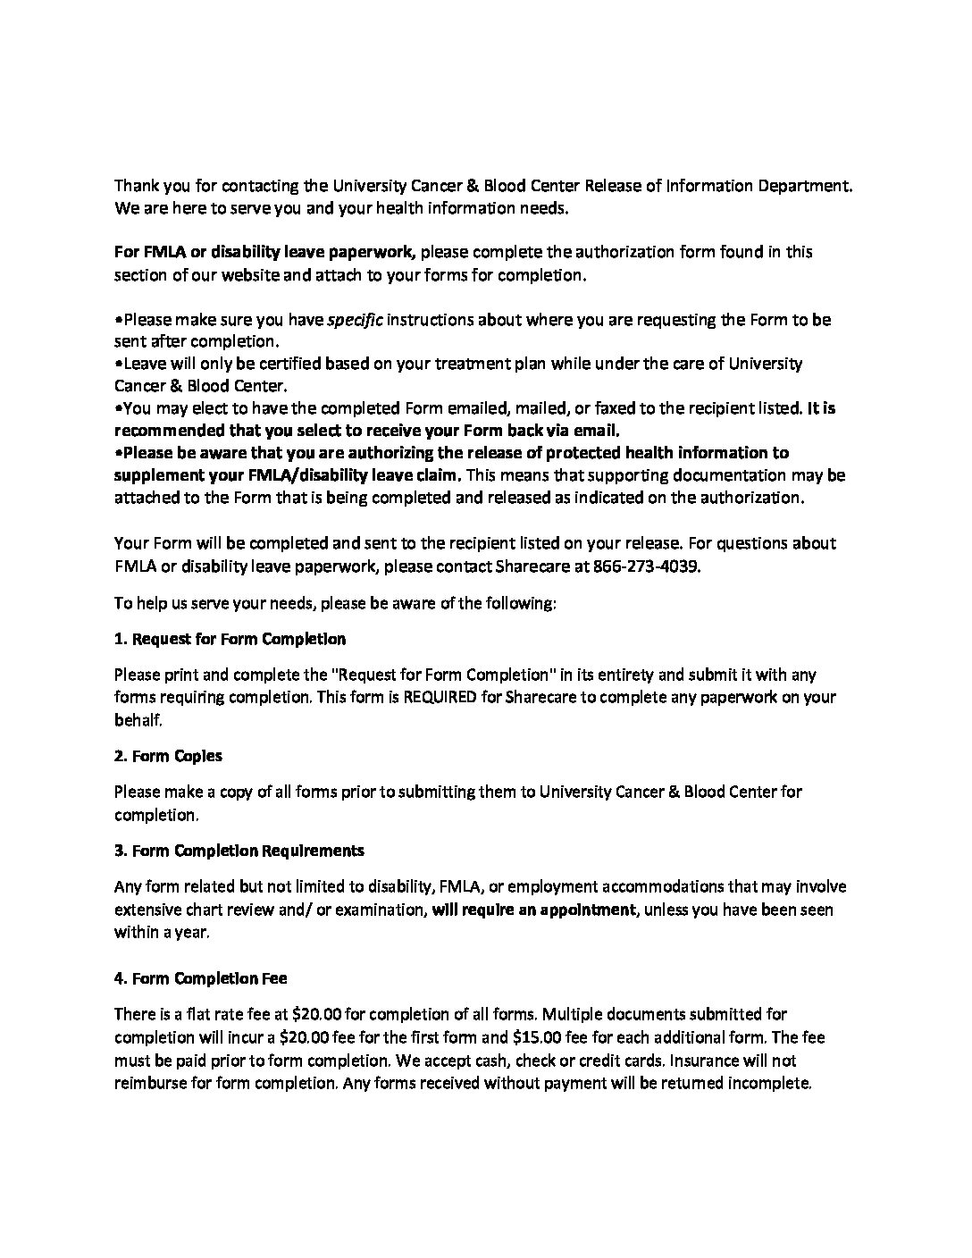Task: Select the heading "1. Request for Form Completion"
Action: tap(230, 639)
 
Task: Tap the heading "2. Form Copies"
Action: tap(168, 756)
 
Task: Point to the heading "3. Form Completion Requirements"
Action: tap(239, 850)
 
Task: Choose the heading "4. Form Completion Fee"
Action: tap(200, 978)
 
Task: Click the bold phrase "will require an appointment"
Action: tap(534, 910)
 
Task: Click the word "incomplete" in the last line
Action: tap(770, 1084)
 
